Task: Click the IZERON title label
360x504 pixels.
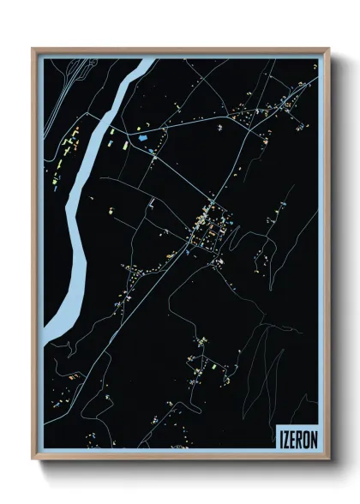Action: (297, 436)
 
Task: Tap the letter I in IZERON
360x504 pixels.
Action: (281, 436)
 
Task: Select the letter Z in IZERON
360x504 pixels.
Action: (287, 436)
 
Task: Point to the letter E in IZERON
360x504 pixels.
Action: (294, 436)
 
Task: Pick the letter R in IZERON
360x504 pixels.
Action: (301, 436)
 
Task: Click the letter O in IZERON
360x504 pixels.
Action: (308, 436)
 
